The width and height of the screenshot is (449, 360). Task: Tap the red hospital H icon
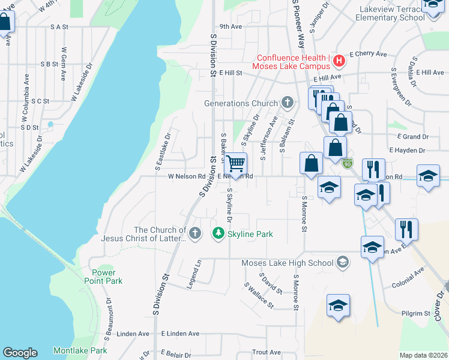339,61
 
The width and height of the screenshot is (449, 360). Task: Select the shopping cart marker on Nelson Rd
236,164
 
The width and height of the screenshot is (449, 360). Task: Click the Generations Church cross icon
288,103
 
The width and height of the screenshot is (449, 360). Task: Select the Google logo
19,353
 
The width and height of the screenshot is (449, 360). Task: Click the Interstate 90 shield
348,163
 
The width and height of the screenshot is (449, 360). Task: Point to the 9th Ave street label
230,26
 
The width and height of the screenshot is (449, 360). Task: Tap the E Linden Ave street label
179,334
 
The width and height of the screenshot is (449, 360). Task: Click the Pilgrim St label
419,313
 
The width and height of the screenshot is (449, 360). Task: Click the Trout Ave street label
267,352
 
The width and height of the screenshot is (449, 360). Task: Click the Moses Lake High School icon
342,262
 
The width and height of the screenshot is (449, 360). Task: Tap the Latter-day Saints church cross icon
194,233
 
